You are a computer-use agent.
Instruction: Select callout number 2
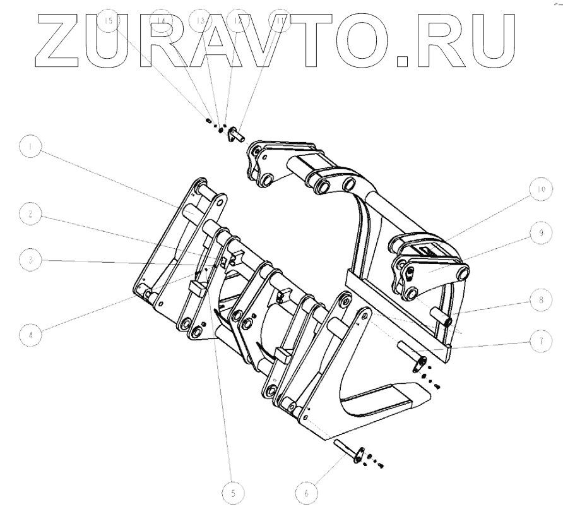tap(29, 215)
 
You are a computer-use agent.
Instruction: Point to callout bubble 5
tap(234, 494)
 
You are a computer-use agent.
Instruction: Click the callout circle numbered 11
tap(278, 20)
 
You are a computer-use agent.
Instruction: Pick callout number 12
tap(238, 20)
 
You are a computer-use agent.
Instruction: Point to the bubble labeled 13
tap(201, 20)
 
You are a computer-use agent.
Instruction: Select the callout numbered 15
tap(109, 20)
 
